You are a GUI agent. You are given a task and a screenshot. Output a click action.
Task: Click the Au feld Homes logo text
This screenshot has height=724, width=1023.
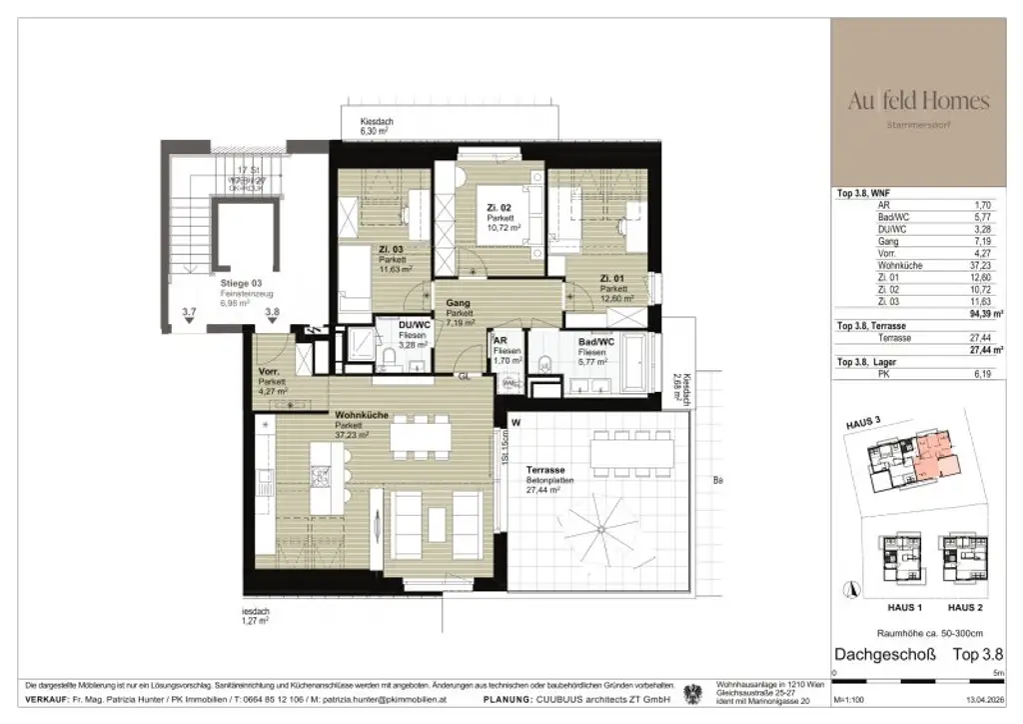point(918,101)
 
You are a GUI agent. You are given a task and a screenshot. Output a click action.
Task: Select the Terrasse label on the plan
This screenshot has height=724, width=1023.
point(545,469)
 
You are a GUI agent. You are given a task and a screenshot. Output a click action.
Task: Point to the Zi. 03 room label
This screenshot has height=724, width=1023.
point(392,250)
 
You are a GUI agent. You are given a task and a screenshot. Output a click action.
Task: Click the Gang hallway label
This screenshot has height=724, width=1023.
point(458,303)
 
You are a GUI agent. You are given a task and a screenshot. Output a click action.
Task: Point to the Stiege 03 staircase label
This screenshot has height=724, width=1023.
point(241,284)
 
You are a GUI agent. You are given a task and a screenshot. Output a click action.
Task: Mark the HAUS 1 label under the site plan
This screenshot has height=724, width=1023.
point(882,607)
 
